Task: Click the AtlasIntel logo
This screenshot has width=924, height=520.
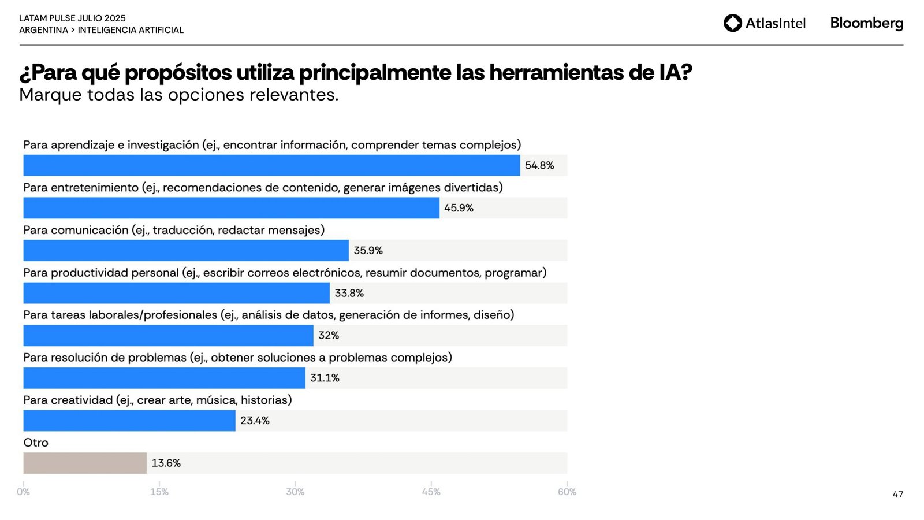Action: (764, 23)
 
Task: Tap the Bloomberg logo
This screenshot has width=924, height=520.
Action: (866, 23)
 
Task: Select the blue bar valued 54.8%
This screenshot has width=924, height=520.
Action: (271, 165)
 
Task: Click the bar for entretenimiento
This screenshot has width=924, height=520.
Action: (231, 208)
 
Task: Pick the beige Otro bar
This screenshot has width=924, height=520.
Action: (85, 463)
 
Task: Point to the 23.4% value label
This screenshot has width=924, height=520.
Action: (255, 421)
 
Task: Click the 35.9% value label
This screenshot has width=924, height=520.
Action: (368, 251)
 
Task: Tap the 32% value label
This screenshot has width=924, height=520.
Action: (329, 336)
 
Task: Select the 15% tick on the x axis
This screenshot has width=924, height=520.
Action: (159, 492)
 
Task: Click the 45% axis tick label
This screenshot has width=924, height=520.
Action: (431, 492)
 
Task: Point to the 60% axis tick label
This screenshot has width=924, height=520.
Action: (567, 492)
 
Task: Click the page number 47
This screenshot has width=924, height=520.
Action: (897, 495)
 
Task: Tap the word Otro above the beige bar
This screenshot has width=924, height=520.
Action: (36, 443)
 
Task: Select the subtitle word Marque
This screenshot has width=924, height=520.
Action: (50, 95)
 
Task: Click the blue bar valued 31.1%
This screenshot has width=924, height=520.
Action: (164, 378)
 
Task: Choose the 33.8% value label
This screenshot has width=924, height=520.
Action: (349, 294)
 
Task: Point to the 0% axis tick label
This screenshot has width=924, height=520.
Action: (23, 492)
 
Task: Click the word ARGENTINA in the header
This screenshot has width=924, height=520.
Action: (43, 30)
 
